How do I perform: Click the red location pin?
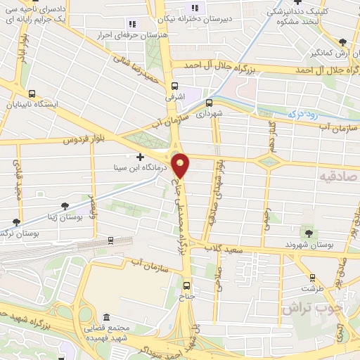181,165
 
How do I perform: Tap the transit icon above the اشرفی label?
174,87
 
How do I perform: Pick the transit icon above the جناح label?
186,285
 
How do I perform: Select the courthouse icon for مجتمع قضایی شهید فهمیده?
106,319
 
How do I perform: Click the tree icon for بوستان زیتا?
65,206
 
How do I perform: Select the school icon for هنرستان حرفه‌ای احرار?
131,25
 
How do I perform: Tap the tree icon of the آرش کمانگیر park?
342,42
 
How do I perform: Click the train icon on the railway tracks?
111,240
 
